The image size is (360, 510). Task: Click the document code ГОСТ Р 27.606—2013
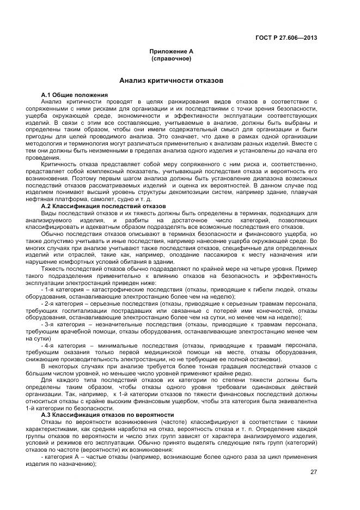286,38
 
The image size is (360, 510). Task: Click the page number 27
313,472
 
